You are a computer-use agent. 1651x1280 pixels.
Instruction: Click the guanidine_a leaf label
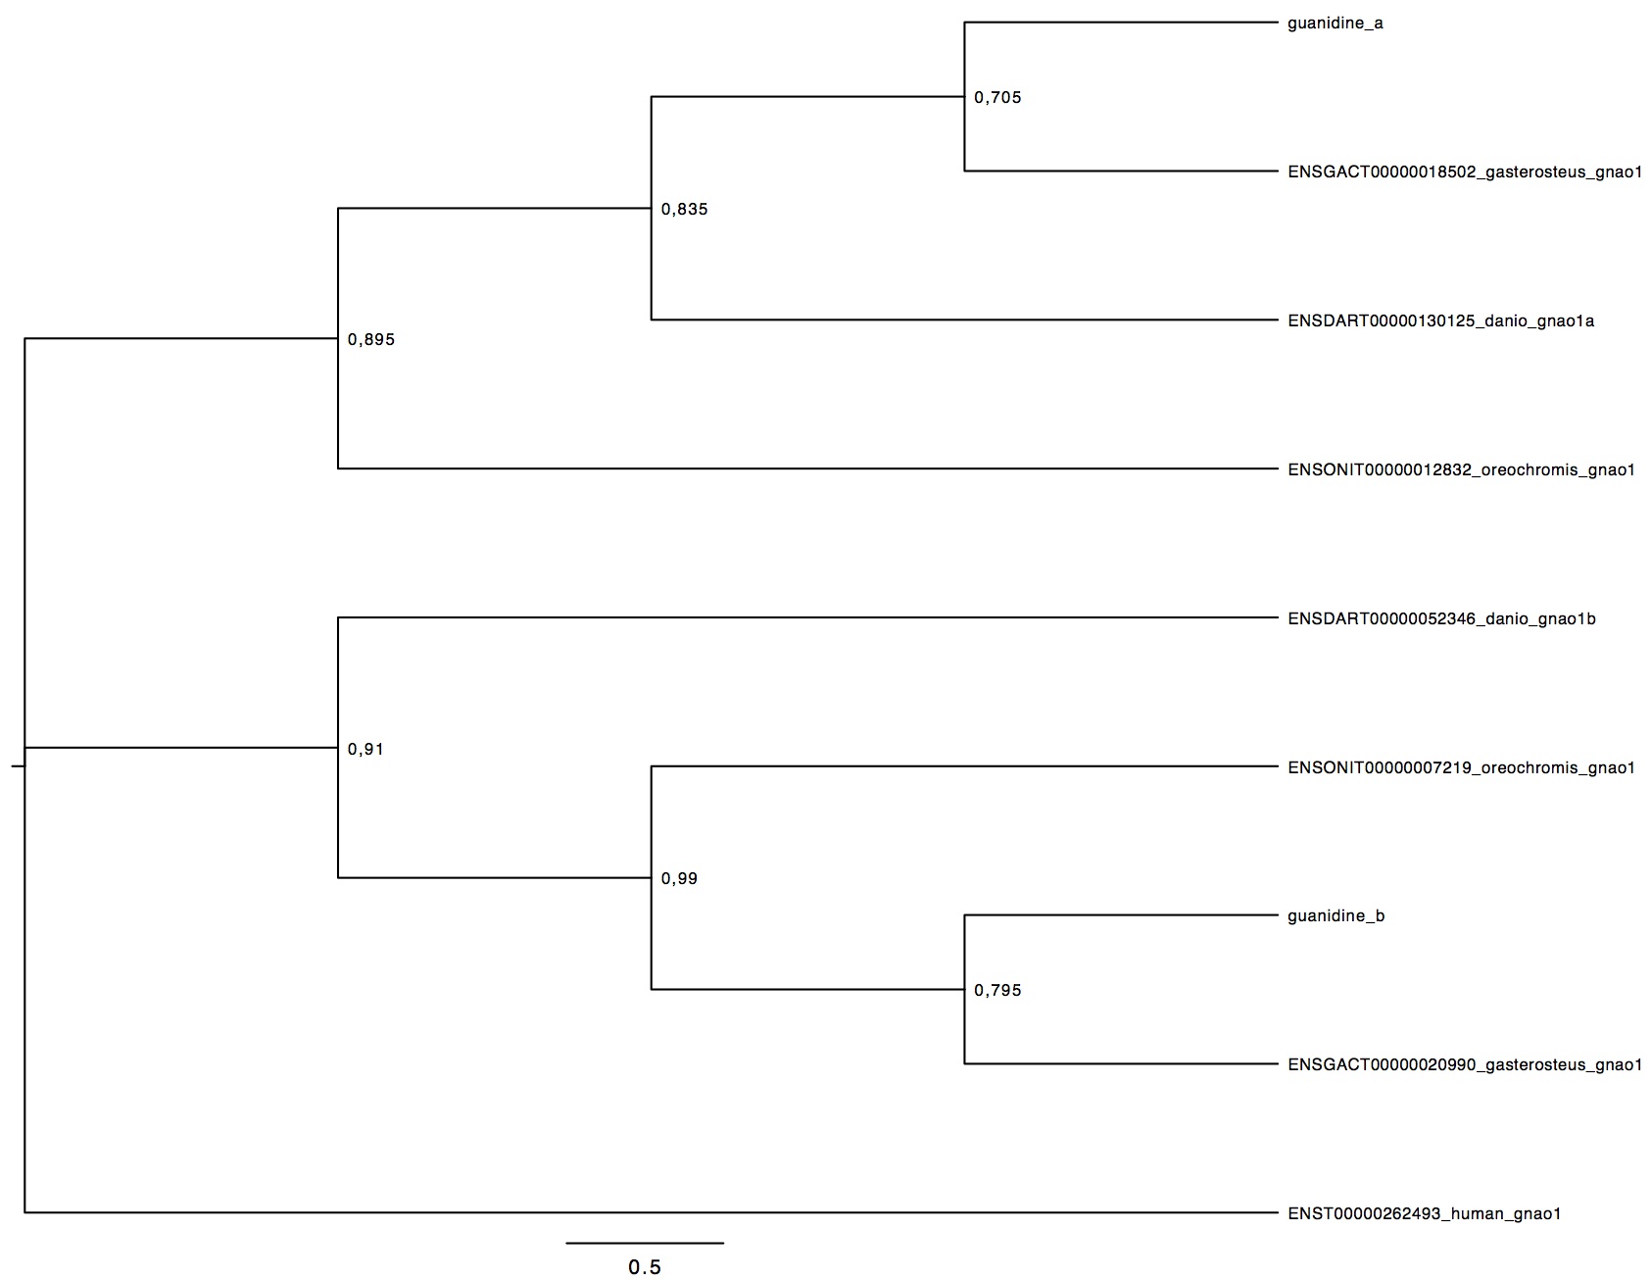[x=1335, y=24]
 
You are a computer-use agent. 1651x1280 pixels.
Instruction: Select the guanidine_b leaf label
[x=1335, y=916]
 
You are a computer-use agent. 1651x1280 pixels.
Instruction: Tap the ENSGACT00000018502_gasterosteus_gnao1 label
[x=1465, y=172]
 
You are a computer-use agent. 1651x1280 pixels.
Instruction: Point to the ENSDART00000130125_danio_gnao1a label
[x=1440, y=321]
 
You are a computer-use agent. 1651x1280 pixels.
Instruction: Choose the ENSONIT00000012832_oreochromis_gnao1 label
[x=1461, y=470]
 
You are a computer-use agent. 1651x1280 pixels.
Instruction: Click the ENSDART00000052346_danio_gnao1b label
[x=1441, y=619]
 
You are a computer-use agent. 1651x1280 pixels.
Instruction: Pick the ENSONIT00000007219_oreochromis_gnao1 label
[x=1461, y=768]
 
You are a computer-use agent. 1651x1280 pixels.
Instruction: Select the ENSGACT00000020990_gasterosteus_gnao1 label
[x=1465, y=1065]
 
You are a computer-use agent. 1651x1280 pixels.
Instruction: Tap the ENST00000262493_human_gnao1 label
[x=1424, y=1214]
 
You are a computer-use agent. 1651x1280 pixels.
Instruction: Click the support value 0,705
[x=997, y=98]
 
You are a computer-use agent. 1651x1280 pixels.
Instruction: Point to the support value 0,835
[x=684, y=210]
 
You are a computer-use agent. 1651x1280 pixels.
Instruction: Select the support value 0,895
[x=370, y=340]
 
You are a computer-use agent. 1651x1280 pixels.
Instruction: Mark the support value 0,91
[x=365, y=750]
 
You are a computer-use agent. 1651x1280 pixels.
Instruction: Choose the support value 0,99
[x=679, y=879]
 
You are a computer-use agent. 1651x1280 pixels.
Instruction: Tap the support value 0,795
[x=997, y=991]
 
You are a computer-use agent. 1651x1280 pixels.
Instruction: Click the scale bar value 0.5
[x=645, y=1267]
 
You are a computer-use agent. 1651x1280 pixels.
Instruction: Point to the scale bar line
[x=645, y=1243]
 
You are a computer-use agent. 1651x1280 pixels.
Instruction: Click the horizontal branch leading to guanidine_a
[x=1122, y=23]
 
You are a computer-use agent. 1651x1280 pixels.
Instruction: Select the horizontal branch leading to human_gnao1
[x=652, y=1213]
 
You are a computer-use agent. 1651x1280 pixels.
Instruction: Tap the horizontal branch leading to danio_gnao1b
[x=808, y=617]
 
